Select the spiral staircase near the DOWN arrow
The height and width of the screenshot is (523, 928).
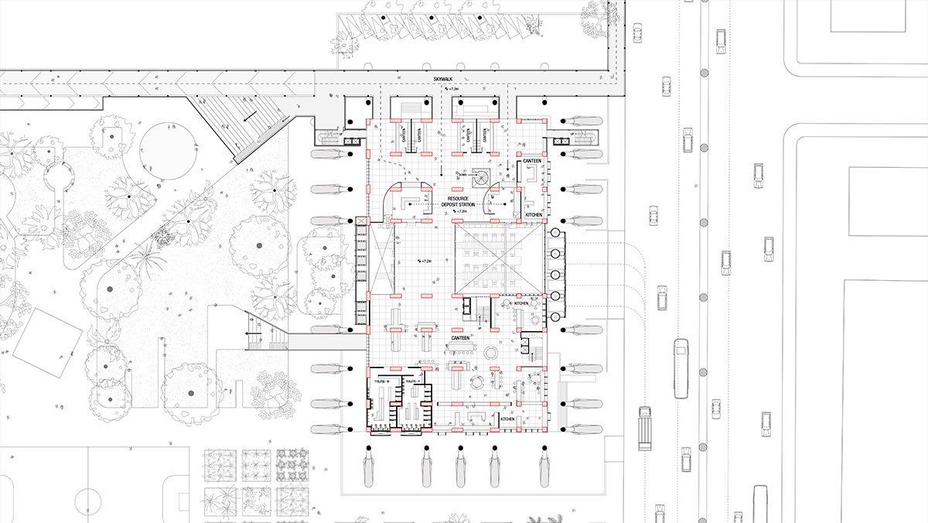(x=481, y=178)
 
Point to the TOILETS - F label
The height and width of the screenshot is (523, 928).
(x=411, y=381)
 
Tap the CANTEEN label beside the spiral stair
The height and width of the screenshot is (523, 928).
(x=531, y=161)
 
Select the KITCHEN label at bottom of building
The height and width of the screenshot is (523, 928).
(x=507, y=419)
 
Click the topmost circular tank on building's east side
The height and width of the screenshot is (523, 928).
(x=555, y=232)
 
